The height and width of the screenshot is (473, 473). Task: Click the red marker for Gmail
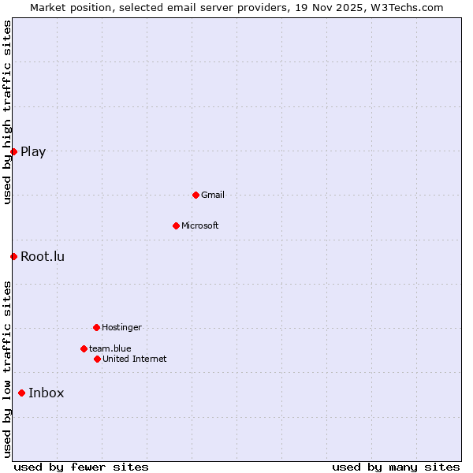pyautogui.click(x=196, y=195)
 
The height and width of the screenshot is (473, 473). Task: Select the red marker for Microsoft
pyautogui.click(x=176, y=225)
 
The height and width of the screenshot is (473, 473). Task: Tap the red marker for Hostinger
pyautogui.click(x=96, y=327)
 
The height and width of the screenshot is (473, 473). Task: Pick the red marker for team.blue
pyautogui.click(x=84, y=348)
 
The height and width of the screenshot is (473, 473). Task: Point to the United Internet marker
pyautogui.click(x=97, y=359)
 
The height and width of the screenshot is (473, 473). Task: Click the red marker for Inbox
pyautogui.click(x=21, y=393)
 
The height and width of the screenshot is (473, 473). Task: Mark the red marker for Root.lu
pyautogui.click(x=13, y=256)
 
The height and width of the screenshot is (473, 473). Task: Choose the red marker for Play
pyautogui.click(x=13, y=151)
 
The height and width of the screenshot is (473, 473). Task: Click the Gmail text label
pyautogui.click(x=213, y=195)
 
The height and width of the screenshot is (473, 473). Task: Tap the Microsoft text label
pyautogui.click(x=200, y=225)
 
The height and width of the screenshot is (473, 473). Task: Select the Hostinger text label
pyautogui.click(x=121, y=327)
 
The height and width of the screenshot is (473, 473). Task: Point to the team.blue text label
pyautogui.click(x=110, y=348)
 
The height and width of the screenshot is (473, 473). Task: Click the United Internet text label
pyautogui.click(x=135, y=359)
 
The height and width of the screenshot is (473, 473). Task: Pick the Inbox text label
pyautogui.click(x=47, y=393)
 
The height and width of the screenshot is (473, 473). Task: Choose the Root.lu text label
pyautogui.click(x=43, y=256)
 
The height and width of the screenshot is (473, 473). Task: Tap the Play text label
pyautogui.click(x=33, y=151)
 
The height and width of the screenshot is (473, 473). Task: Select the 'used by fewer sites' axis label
pyautogui.click(x=81, y=467)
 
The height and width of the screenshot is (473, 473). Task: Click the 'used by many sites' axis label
pyautogui.click(x=396, y=467)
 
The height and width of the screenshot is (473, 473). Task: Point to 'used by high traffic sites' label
pyautogui.click(x=7, y=112)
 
